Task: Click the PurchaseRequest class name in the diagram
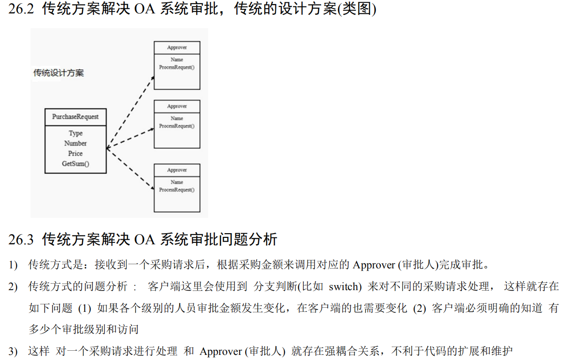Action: (75, 117)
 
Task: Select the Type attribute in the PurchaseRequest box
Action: (75, 133)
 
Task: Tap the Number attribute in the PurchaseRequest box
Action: (75, 143)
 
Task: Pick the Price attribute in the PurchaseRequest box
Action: (75, 154)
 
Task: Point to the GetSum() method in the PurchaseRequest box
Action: (75, 164)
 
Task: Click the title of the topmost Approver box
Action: (177, 48)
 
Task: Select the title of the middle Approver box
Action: (177, 106)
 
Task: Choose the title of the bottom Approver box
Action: (177, 170)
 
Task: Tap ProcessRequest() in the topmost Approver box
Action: (177, 67)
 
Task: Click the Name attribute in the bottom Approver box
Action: (177, 182)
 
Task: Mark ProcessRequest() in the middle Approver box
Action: (177, 126)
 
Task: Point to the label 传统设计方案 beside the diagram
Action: (58, 73)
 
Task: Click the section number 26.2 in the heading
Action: (21, 9)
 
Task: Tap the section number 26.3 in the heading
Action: (21, 240)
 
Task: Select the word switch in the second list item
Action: (345, 287)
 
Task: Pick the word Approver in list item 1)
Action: (373, 265)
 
